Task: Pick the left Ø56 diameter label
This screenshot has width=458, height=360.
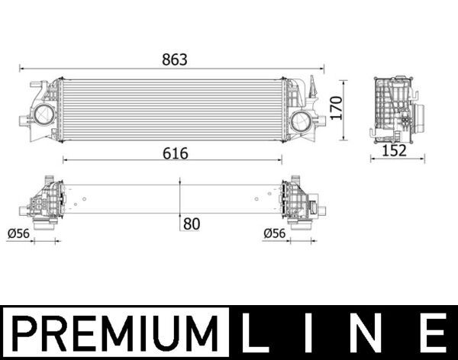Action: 18,233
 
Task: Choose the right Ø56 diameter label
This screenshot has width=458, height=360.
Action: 275,233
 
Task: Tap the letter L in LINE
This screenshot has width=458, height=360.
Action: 257,333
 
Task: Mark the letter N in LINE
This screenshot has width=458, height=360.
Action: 371,333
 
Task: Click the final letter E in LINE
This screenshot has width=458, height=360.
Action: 432,333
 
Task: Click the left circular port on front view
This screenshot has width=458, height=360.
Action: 42,117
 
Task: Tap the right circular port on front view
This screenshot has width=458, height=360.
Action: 301,121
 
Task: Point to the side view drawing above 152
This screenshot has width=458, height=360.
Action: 394,109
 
